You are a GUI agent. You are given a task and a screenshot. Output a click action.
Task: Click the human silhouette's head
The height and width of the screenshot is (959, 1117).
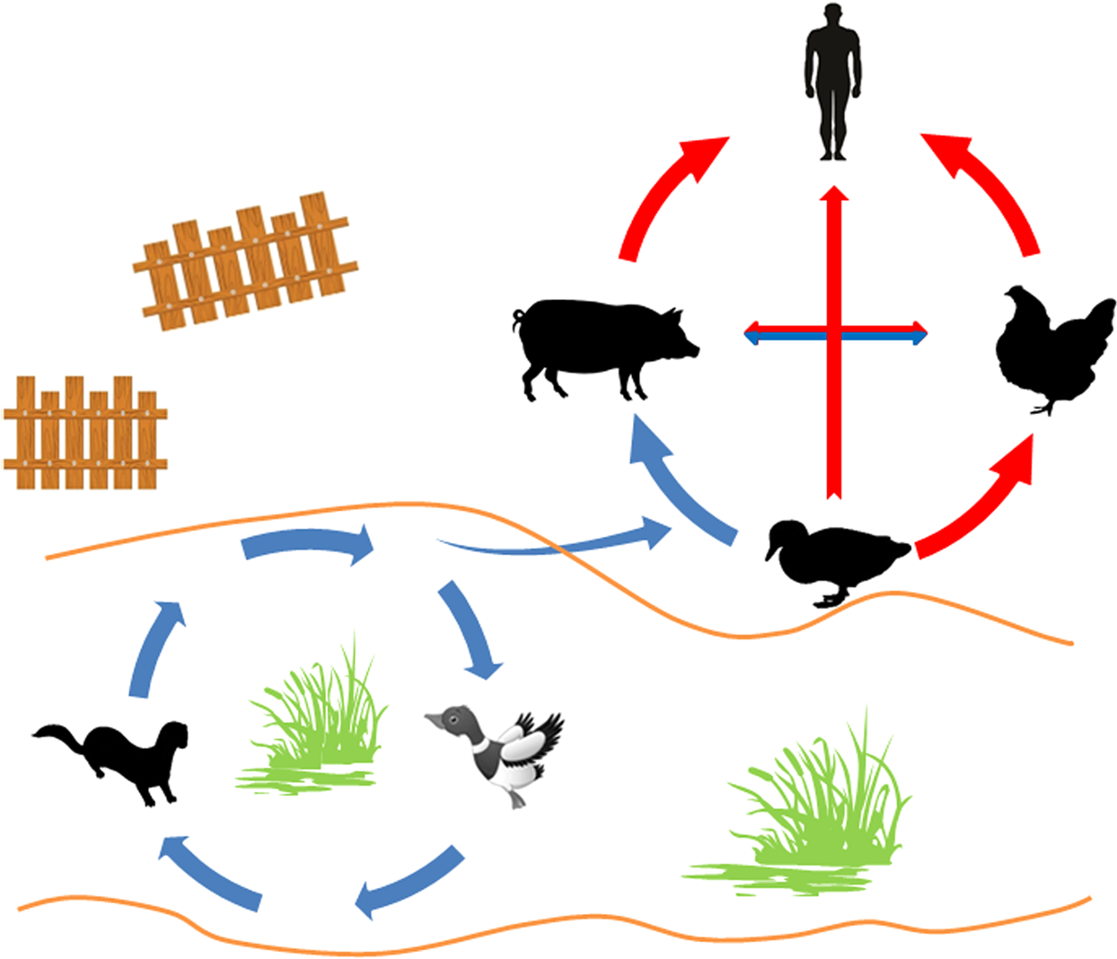click(x=832, y=18)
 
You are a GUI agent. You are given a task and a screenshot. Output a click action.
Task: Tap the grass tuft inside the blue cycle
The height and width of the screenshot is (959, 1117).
click(x=314, y=727)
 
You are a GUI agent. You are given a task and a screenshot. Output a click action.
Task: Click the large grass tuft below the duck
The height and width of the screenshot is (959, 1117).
click(x=808, y=826)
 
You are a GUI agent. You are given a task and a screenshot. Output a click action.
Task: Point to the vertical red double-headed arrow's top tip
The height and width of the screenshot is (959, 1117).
click(x=835, y=189)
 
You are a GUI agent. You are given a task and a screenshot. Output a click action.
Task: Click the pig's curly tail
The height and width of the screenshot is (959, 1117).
click(x=518, y=319)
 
